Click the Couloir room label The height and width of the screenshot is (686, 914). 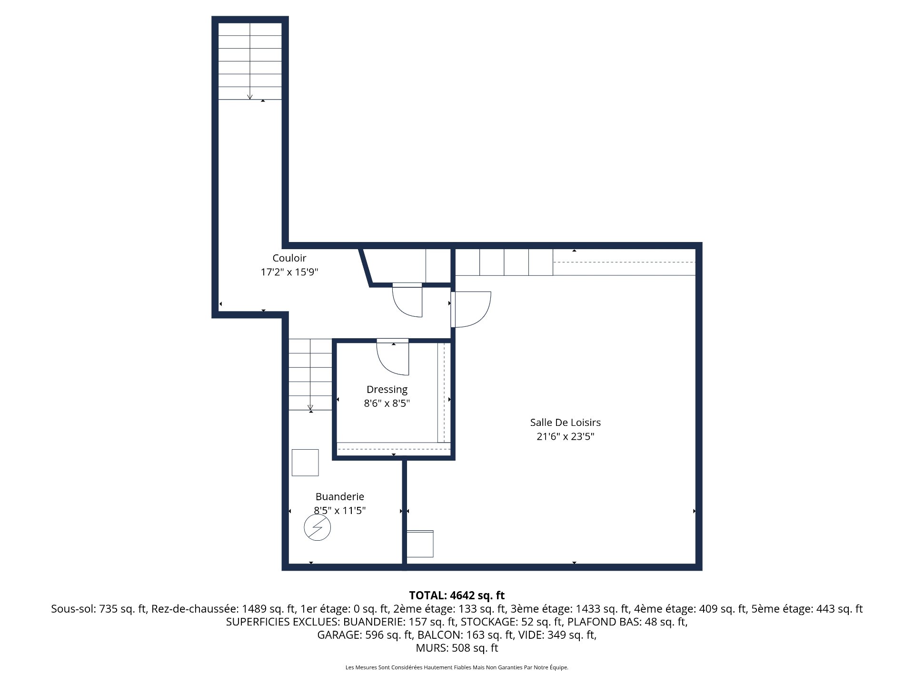pos(289,258)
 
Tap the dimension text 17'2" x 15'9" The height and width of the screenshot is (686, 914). pos(289,272)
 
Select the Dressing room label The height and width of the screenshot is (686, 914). pos(387,389)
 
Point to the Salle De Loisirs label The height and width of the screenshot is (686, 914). pos(565,423)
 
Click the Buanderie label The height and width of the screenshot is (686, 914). pos(339,496)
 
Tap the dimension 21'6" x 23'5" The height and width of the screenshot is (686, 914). pos(565,436)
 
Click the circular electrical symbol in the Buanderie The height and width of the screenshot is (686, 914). pos(317,528)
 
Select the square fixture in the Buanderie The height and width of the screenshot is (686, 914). pos(305,462)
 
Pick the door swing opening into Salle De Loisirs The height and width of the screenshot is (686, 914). pos(471,309)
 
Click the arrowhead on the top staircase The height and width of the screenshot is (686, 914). pos(249,97)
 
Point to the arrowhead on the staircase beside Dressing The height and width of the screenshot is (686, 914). pos(310,407)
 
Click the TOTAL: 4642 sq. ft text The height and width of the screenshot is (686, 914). pos(457,595)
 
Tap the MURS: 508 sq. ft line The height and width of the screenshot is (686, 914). pos(457,648)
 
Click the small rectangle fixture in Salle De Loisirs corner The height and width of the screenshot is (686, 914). pos(420,544)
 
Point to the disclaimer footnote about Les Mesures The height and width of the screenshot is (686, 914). pos(457,667)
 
